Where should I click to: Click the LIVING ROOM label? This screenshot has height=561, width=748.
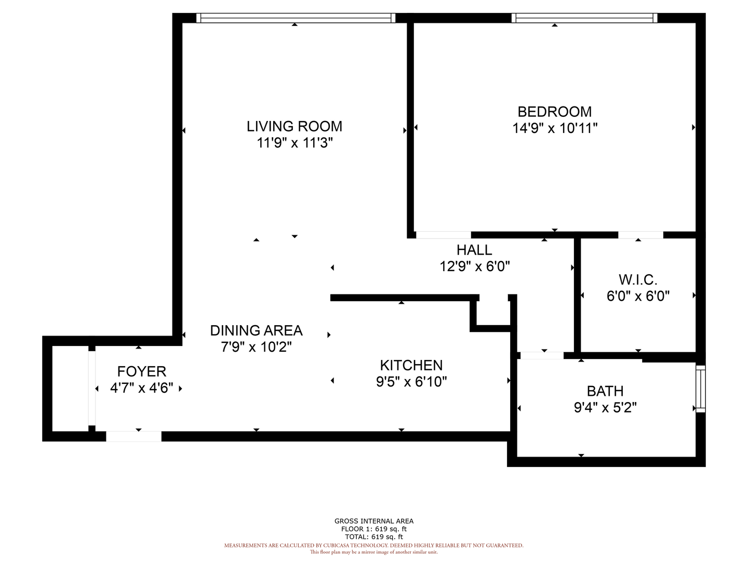294,126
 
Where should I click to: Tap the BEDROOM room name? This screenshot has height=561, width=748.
554,112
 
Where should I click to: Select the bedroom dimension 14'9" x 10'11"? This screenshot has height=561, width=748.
555,128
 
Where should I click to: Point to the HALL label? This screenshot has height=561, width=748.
474,250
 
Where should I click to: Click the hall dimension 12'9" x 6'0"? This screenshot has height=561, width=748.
474,266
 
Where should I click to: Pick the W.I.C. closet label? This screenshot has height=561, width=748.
638,280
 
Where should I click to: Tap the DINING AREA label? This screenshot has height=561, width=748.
256,330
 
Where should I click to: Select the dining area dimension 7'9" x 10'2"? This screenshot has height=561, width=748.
256,347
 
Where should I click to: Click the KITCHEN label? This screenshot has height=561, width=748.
411,366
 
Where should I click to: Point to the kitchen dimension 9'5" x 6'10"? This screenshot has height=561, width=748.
411,382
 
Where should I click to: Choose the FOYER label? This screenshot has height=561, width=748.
141,371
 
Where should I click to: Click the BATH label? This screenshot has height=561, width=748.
605,391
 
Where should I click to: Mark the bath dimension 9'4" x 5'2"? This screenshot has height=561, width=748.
605,407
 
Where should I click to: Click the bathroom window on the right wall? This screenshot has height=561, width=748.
700,389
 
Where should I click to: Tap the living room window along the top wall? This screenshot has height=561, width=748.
296,18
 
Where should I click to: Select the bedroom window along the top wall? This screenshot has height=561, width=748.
584,18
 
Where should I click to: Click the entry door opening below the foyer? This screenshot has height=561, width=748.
133,436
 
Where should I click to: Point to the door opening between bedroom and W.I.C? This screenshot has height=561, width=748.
640,235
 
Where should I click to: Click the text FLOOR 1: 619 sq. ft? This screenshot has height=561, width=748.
374,529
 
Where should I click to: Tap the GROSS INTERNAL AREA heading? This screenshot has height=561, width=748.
374,521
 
